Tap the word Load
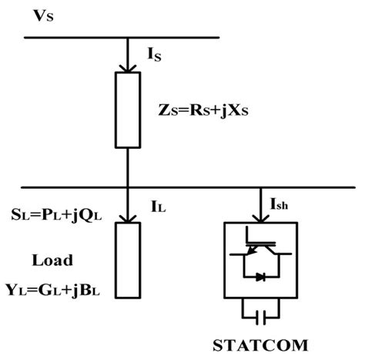[52, 261]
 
